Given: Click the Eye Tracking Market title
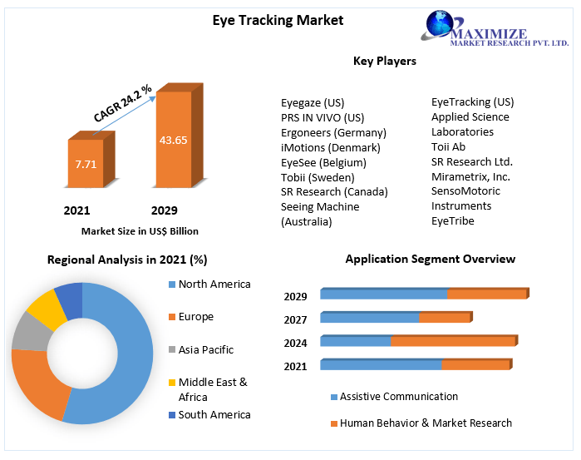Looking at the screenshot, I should click(278, 20).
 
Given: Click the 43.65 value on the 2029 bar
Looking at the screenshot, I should click(173, 140).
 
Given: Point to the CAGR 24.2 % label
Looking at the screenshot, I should click(122, 103).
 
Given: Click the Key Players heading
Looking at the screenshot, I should click(384, 61).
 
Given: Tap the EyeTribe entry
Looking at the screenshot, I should click(453, 220).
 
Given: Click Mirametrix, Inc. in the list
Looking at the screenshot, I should click(470, 176).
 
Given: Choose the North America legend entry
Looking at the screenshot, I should click(214, 284).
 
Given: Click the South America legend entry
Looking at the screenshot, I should click(214, 415).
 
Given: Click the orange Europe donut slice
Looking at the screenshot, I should click(37, 383).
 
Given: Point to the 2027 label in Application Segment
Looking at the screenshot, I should click(295, 319).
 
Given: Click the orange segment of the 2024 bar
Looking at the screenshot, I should click(453, 340).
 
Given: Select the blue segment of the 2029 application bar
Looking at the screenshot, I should click(383, 294).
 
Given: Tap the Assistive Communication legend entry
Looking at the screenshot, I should click(398, 397).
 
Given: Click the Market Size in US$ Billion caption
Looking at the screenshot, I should click(140, 231).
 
